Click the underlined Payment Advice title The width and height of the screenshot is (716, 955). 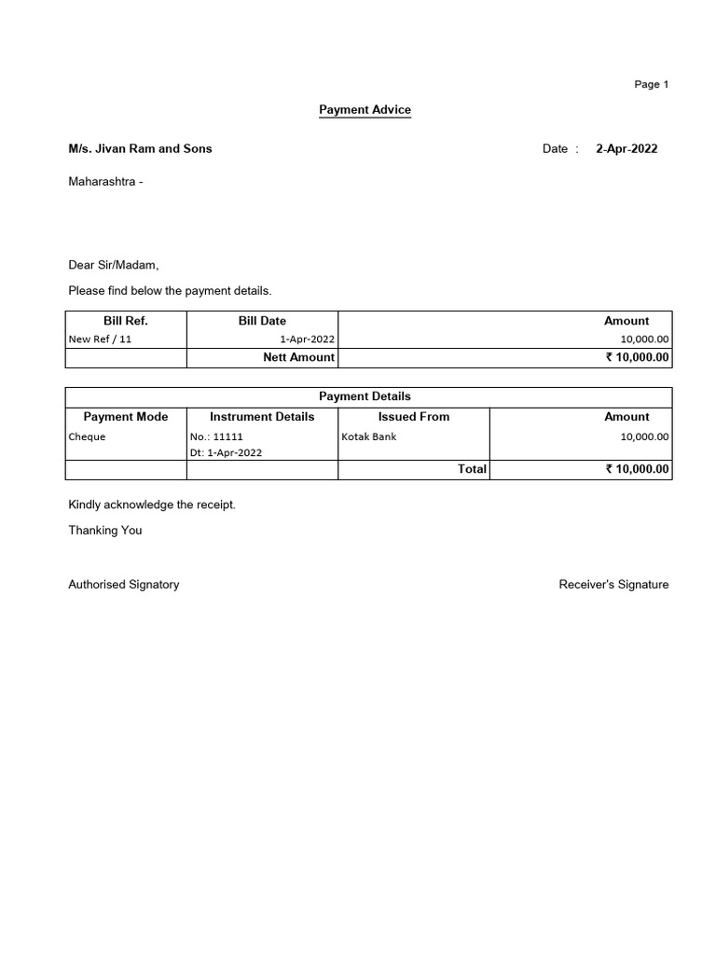click(x=365, y=110)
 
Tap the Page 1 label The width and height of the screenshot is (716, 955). click(x=652, y=84)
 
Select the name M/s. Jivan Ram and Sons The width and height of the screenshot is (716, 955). click(x=140, y=148)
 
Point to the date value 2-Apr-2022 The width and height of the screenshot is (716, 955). click(x=626, y=148)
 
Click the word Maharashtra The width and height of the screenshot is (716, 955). click(x=103, y=181)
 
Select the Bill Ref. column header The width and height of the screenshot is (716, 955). click(x=126, y=321)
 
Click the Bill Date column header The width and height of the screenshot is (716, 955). click(x=262, y=321)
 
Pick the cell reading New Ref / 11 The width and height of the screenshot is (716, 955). click(x=101, y=339)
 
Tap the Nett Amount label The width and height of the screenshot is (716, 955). click(x=298, y=357)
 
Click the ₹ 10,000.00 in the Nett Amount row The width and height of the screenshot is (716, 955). click(x=637, y=357)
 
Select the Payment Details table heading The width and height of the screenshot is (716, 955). click(x=365, y=396)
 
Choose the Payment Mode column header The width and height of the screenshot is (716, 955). click(x=126, y=417)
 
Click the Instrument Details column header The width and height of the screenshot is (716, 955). click(x=262, y=417)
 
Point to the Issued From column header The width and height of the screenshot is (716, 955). click(x=413, y=417)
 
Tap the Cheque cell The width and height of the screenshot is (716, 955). click(x=88, y=436)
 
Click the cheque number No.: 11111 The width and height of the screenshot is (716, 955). click(x=216, y=436)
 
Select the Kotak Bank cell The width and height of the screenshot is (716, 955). click(x=369, y=436)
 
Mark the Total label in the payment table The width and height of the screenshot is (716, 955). click(x=472, y=469)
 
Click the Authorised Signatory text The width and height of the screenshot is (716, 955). click(x=124, y=585)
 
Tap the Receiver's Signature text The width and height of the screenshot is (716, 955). click(x=613, y=585)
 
